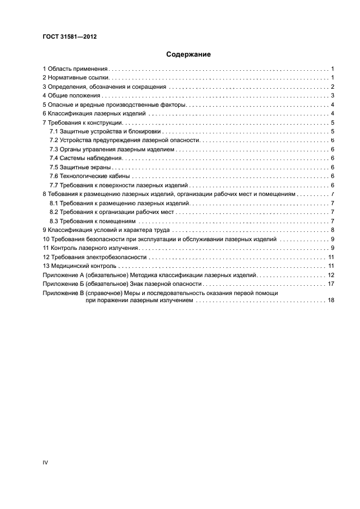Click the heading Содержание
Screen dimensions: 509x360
tap(188, 54)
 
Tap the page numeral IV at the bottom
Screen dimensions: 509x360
tap(46, 462)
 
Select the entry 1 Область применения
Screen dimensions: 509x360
tap(76, 69)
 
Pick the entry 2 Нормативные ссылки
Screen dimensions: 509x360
tap(76, 78)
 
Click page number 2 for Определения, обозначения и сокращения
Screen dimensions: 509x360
tap(332, 87)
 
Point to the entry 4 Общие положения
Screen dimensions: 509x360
tap(71, 96)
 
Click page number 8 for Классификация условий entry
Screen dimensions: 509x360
tap(332, 230)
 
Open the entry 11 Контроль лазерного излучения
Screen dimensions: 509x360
tap(89, 248)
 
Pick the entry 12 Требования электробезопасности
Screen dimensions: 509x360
tap(95, 256)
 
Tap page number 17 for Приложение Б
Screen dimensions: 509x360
tap(331, 284)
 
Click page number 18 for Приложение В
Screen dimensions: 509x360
tap(331, 300)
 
